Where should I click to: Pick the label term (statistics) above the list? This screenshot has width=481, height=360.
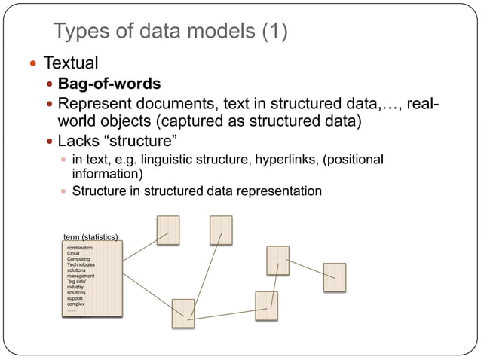[x=90, y=238]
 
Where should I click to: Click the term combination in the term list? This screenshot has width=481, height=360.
[x=81, y=247]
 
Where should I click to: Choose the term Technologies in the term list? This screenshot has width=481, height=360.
[x=81, y=265]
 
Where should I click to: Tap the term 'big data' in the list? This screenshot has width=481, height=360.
[x=78, y=282]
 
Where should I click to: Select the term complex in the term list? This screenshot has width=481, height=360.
[x=77, y=304]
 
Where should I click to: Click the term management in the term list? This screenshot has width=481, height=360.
[x=81, y=276]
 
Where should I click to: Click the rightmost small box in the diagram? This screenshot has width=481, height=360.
[x=334, y=277]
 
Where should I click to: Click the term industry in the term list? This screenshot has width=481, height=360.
[x=75, y=287]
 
